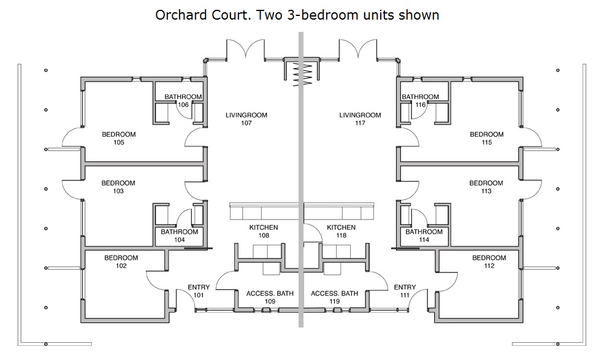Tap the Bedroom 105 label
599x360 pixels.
pyautogui.click(x=119, y=139)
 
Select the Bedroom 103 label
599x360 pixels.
pyautogui.click(x=118, y=187)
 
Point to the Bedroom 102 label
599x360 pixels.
pyautogui.click(x=121, y=262)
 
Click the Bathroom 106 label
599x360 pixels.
pyautogui.click(x=183, y=101)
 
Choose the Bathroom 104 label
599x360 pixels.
pyautogui.click(x=180, y=236)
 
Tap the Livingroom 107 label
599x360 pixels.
pyautogui.click(x=246, y=119)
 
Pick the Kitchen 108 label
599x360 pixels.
pyautogui.click(x=264, y=231)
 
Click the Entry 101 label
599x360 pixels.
pyautogui.click(x=199, y=291)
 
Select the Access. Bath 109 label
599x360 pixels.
pyautogui.click(x=270, y=297)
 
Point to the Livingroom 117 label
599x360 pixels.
pyautogui.click(x=361, y=119)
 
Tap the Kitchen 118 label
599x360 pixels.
pyautogui.click(x=341, y=231)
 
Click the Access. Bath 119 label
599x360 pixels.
pyautogui.click(x=335, y=297)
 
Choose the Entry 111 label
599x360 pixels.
pyautogui.click(x=405, y=291)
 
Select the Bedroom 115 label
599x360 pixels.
pyautogui.click(x=487, y=139)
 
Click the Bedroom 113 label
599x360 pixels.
pyautogui.click(x=486, y=187)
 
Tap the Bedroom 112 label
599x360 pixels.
pyautogui.click(x=489, y=262)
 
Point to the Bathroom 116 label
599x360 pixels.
pyautogui.click(x=420, y=101)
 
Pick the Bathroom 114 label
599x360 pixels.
pyautogui.click(x=424, y=236)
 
